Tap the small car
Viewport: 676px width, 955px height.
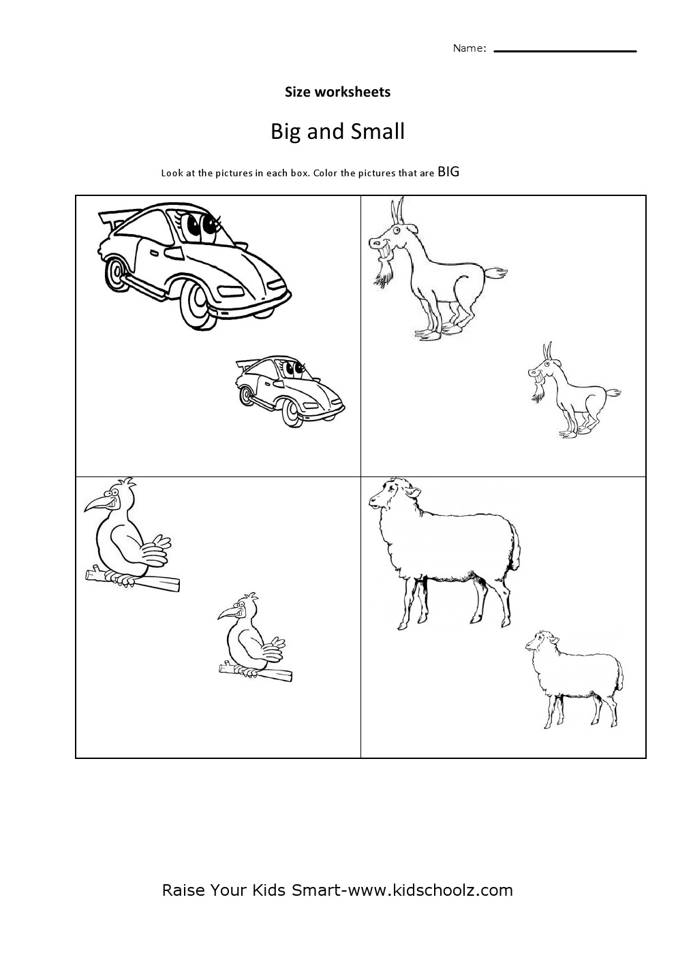point(290,390)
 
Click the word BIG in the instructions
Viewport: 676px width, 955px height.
point(448,172)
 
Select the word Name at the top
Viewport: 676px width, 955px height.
point(467,48)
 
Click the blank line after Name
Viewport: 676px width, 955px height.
point(565,51)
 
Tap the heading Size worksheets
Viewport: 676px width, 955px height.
point(337,92)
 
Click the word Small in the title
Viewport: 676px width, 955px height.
point(378,131)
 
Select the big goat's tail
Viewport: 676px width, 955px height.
point(495,272)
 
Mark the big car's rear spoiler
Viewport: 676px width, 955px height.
point(112,216)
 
